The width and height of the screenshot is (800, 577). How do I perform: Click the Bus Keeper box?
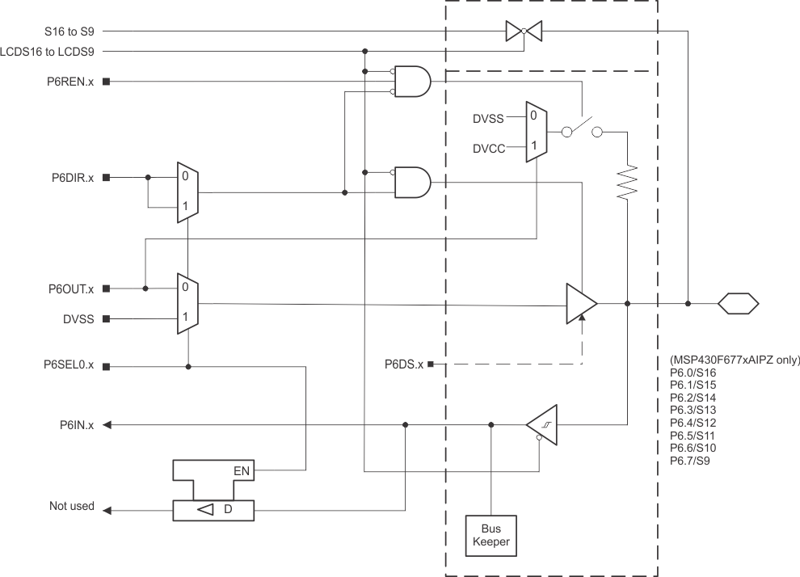pyautogui.click(x=491, y=535)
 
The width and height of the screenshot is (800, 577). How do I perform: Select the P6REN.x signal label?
pyautogui.click(x=69, y=82)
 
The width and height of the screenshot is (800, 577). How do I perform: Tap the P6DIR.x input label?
pyautogui.click(x=69, y=177)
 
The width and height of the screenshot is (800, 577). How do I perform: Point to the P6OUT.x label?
pyautogui.click(x=69, y=288)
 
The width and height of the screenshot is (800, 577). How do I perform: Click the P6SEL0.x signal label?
pyautogui.click(x=69, y=365)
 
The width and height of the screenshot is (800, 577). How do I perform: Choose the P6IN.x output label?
pyautogui.click(x=76, y=425)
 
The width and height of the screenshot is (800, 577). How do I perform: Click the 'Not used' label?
pyautogui.click(x=71, y=507)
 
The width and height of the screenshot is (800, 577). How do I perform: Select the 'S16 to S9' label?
pyautogui.click(x=69, y=32)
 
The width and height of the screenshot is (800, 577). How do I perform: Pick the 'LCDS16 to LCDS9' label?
pyautogui.click(x=53, y=51)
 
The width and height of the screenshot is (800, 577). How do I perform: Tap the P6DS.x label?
pyautogui.click(x=404, y=365)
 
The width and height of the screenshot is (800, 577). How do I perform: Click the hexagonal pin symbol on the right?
pyautogui.click(x=739, y=304)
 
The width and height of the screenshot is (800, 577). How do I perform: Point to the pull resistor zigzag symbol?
pyautogui.click(x=628, y=183)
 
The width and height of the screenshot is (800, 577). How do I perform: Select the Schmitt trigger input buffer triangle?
pyautogui.click(x=541, y=424)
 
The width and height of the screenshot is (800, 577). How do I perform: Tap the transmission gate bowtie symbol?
pyautogui.click(x=524, y=32)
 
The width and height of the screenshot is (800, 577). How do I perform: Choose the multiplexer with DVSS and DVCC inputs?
pyautogui.click(x=536, y=131)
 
